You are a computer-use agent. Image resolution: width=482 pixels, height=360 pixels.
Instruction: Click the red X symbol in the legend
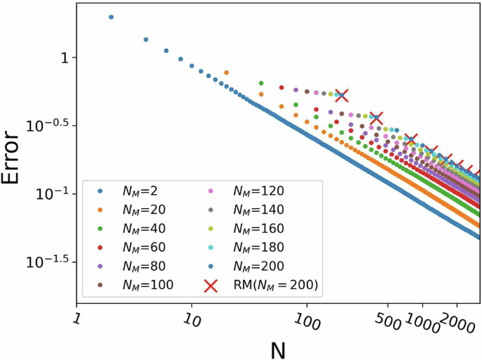(209, 285)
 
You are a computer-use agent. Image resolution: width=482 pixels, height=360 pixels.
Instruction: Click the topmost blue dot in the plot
(111, 17)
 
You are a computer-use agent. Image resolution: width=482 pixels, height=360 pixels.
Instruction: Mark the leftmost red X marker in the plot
(341, 95)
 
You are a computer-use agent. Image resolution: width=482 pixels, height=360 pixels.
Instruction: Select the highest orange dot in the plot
(226, 72)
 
